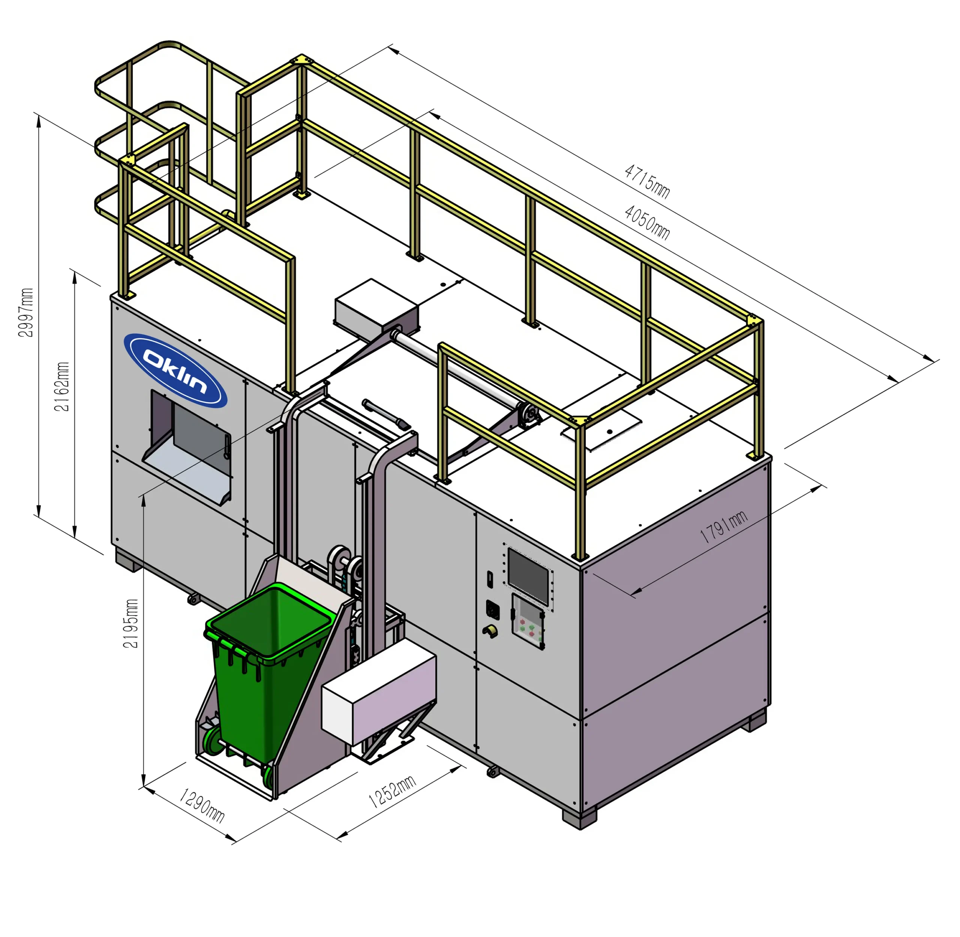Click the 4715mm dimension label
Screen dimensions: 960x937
(647, 181)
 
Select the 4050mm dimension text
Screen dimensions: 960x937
(647, 222)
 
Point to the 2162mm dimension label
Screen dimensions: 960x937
(62, 386)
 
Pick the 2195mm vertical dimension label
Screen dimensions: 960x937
(130, 624)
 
